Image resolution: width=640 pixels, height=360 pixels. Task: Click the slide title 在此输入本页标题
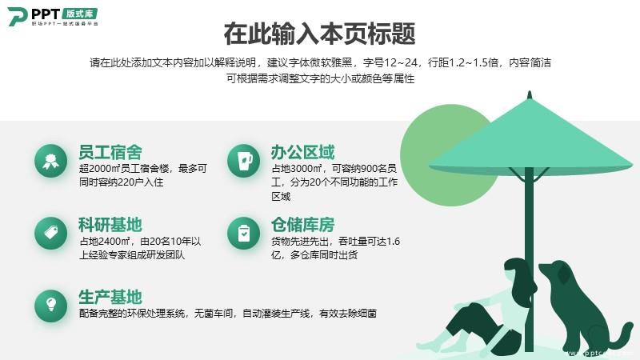(x=319, y=34)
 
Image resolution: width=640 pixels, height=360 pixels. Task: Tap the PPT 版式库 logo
(x=53, y=16)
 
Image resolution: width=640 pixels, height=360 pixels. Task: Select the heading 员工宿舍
(x=110, y=152)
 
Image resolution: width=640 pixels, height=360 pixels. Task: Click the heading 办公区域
(x=303, y=152)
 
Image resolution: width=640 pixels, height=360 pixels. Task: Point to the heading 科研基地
(x=110, y=225)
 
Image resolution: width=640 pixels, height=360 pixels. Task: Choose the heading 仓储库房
(x=303, y=225)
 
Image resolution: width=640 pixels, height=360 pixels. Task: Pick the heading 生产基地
(x=110, y=297)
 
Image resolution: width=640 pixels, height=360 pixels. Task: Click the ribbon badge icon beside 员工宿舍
(x=50, y=161)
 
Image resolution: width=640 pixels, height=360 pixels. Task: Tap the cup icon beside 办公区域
(x=244, y=161)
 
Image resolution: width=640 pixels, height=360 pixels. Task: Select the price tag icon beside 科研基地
(x=50, y=233)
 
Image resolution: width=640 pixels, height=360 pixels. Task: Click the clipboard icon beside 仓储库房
(x=244, y=233)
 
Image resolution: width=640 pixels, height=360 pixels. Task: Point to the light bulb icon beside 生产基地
(x=50, y=306)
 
